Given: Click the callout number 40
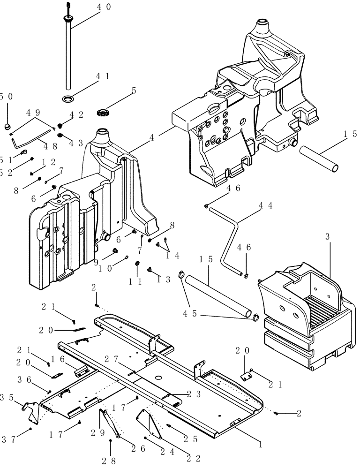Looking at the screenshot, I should [105, 7].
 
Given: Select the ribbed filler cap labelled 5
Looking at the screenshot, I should [102, 112].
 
